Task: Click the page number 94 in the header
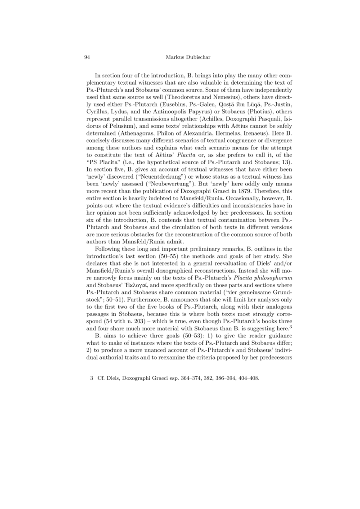click(88, 57)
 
